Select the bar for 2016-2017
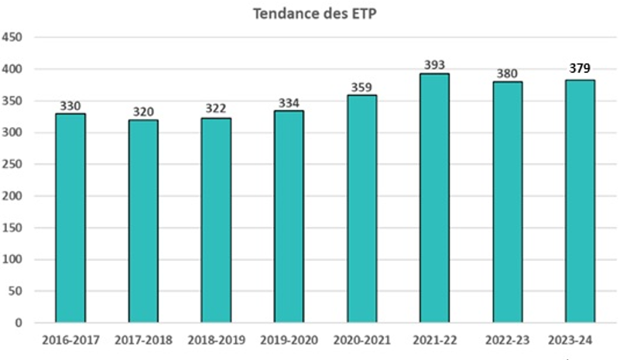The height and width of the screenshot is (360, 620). coord(70,218)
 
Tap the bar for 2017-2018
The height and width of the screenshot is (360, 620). coord(143,221)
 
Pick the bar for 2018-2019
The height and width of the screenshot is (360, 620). coord(216,221)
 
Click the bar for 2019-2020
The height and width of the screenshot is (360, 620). coord(289,217)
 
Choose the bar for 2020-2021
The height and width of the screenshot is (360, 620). coord(361,209)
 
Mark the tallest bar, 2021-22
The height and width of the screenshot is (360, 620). coord(434,198)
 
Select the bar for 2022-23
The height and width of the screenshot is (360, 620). coord(507,202)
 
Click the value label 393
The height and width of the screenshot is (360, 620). coord(434,64)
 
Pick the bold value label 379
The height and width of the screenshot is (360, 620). coord(580,68)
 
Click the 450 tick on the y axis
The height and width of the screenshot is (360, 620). coord(14,37)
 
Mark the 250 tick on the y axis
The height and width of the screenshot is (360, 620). coord(14,164)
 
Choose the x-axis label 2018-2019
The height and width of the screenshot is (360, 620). coord(216,340)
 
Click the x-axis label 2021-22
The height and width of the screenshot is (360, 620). coord(434,340)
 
